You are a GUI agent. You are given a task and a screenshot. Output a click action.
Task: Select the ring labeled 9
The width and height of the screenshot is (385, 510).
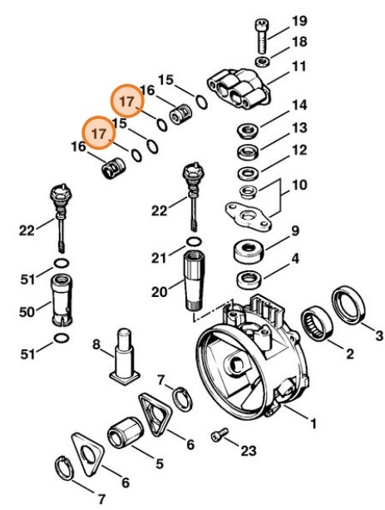click(x=249, y=249)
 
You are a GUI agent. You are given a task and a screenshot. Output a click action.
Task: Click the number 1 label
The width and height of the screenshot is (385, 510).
click(x=313, y=423)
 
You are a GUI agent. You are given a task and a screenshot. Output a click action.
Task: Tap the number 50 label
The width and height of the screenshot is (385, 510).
click(x=27, y=312)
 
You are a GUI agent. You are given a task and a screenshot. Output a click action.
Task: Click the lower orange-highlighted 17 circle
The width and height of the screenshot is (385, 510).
click(x=98, y=132)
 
